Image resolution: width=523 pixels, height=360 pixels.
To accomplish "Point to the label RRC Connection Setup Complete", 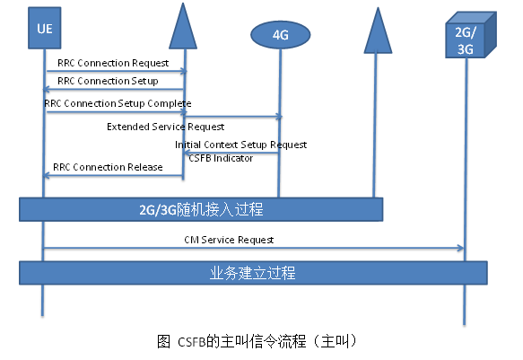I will click(x=118, y=103).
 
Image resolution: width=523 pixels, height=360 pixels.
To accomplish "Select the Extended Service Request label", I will click(x=165, y=127).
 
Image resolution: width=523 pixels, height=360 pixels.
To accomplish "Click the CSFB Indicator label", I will click(x=221, y=157).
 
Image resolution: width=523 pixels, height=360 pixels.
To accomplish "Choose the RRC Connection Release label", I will click(x=108, y=166).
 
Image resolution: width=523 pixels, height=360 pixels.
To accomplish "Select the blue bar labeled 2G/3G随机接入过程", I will click(x=202, y=209).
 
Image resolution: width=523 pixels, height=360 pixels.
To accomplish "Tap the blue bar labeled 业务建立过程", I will click(x=254, y=272).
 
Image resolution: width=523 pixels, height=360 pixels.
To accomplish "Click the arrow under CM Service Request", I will click(x=254, y=249).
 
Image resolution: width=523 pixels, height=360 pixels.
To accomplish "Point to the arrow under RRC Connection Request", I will click(x=115, y=71).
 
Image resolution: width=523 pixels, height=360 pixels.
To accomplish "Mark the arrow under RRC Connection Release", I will click(x=115, y=175).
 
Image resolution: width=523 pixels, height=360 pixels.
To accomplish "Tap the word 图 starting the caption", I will click(x=163, y=341).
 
